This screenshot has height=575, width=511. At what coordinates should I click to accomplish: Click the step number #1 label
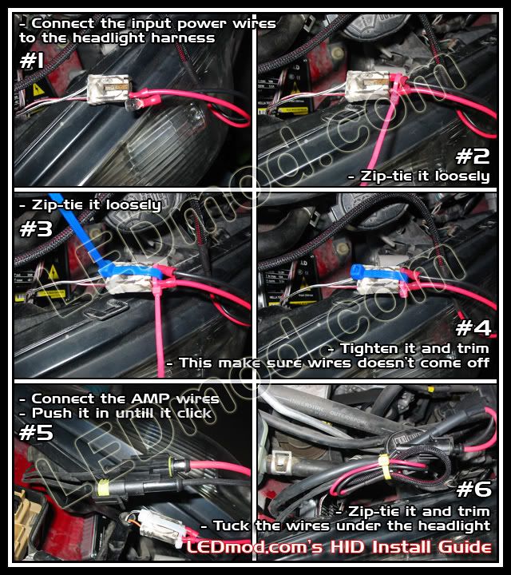pyautogui.click(x=33, y=62)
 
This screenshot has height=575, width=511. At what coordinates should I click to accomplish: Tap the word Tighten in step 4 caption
pyautogui.click(x=372, y=348)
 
